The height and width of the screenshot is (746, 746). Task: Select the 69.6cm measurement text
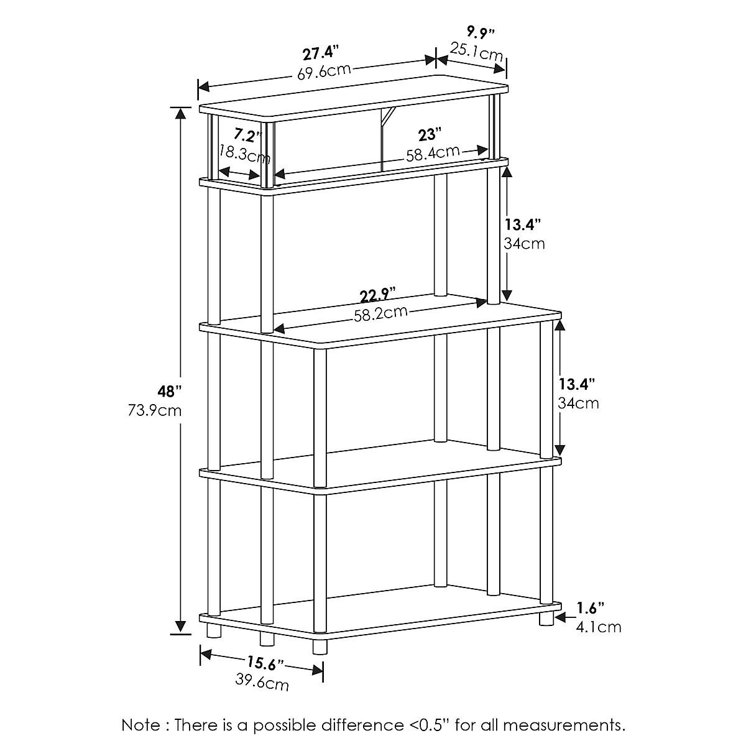pyautogui.click(x=323, y=70)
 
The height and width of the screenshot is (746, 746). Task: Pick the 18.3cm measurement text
pyautogui.click(x=244, y=153)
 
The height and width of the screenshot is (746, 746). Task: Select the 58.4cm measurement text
pyautogui.click(x=433, y=152)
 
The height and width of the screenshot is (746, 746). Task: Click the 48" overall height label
pyautogui.click(x=169, y=392)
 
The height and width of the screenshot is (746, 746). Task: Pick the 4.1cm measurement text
pyautogui.click(x=599, y=627)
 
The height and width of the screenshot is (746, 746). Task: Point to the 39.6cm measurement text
pyautogui.click(x=262, y=683)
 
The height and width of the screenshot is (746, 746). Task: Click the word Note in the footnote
pyautogui.click(x=141, y=725)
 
